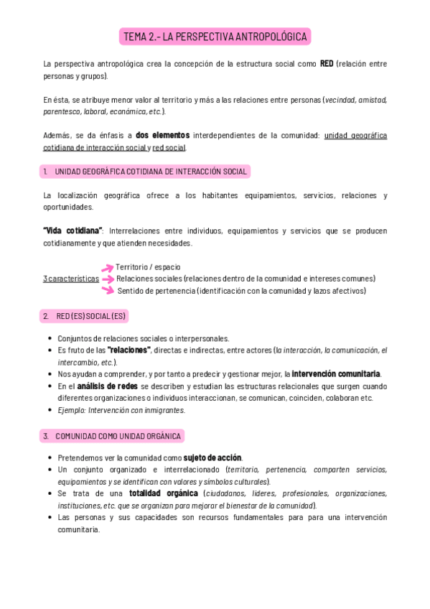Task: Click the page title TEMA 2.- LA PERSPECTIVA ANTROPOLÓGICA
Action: (215, 37)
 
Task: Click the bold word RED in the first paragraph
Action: (327, 64)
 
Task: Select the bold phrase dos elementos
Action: (162, 135)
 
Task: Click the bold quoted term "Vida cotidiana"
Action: (73, 231)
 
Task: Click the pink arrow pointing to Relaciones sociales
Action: (108, 279)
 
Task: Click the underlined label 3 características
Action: (71, 279)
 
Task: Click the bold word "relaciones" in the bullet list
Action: (128, 350)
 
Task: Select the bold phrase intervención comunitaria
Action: (336, 374)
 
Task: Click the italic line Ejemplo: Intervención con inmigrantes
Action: (121, 410)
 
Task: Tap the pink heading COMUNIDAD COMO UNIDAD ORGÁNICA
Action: (112, 436)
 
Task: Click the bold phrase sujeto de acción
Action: (212, 457)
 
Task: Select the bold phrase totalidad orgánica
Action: (164, 493)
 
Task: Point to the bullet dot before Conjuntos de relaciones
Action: (50, 339)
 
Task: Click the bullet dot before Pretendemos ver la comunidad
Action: (50, 458)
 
